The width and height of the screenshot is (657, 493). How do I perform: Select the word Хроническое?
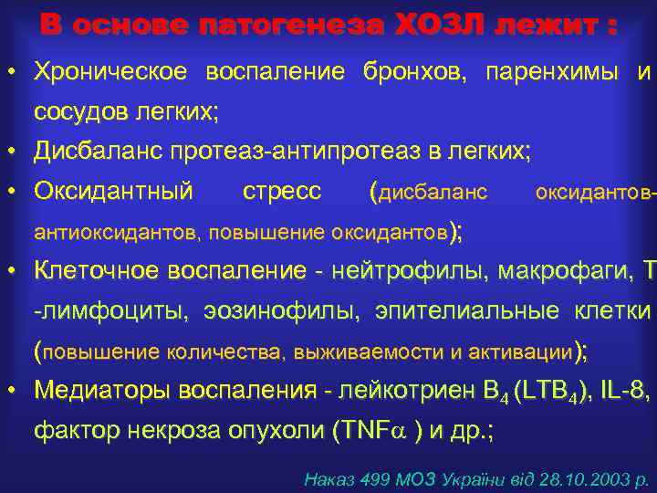coord(110,71)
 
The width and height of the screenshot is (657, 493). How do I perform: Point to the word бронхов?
coord(412,71)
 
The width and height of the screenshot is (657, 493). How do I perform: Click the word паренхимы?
coord(549,71)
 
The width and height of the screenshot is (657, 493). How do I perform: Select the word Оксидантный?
coord(113,192)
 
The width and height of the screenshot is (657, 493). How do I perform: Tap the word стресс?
coord(283,192)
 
